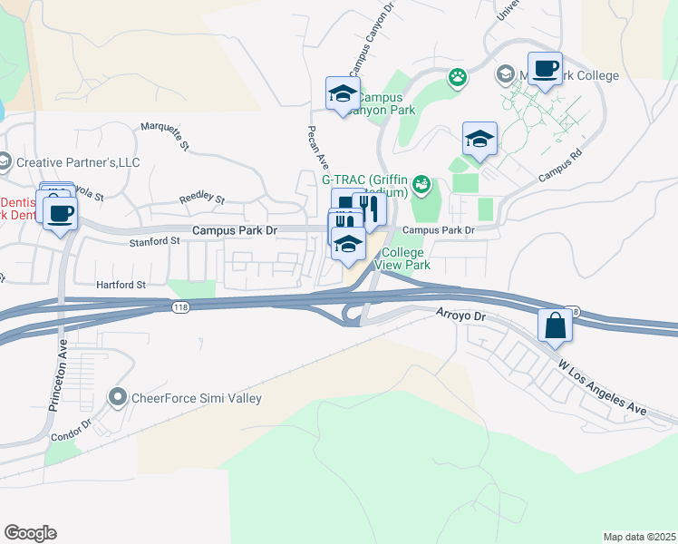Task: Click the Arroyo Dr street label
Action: [x=468, y=317]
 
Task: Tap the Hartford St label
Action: [x=121, y=285]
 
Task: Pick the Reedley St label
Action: [x=201, y=197]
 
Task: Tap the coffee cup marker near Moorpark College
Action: [x=546, y=69]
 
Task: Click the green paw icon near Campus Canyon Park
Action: [x=458, y=78]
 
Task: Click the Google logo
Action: [x=30, y=533]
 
